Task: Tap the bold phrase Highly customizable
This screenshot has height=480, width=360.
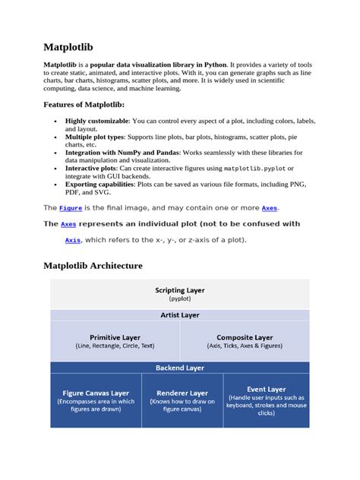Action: click(x=96, y=122)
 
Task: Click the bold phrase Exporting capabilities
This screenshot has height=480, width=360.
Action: click(x=100, y=185)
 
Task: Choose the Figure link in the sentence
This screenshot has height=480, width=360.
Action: click(x=71, y=207)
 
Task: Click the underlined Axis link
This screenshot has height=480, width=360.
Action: click(x=73, y=240)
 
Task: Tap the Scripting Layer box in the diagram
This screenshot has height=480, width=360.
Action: click(x=180, y=294)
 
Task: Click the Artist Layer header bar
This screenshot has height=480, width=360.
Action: click(x=180, y=314)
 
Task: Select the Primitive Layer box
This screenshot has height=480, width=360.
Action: click(x=115, y=341)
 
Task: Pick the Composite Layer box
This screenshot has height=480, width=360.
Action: click(x=245, y=341)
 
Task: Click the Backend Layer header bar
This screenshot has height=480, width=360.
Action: click(x=180, y=367)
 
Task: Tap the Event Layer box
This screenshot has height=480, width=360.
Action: click(x=267, y=401)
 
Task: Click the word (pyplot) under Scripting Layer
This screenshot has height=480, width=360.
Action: click(x=180, y=299)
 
